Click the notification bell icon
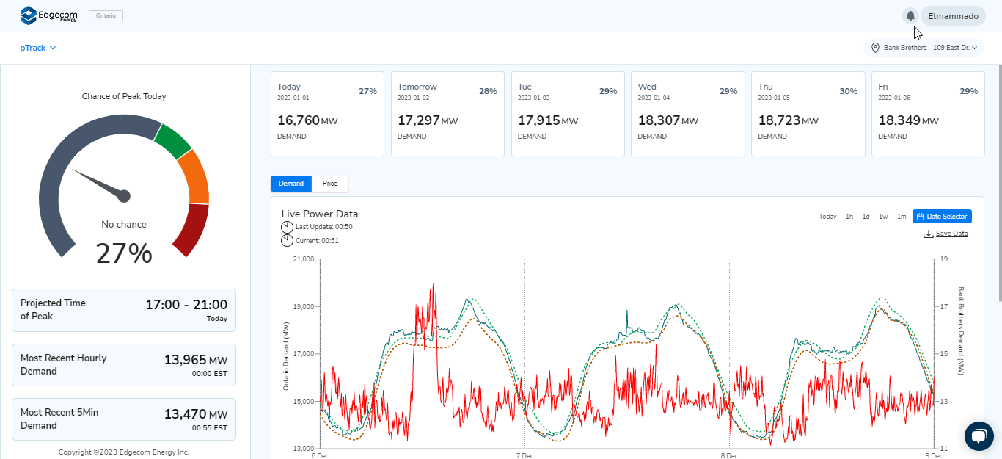point(910,15)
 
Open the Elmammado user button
point(953,15)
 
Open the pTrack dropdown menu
point(38,48)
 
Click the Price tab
point(330,184)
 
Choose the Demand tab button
point(291,184)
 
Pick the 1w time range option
point(883,217)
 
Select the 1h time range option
point(849,217)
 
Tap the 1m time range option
point(902,217)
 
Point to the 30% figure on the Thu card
point(848,91)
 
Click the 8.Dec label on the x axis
point(729,455)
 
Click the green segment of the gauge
point(172,141)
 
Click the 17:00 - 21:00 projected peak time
point(186,304)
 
